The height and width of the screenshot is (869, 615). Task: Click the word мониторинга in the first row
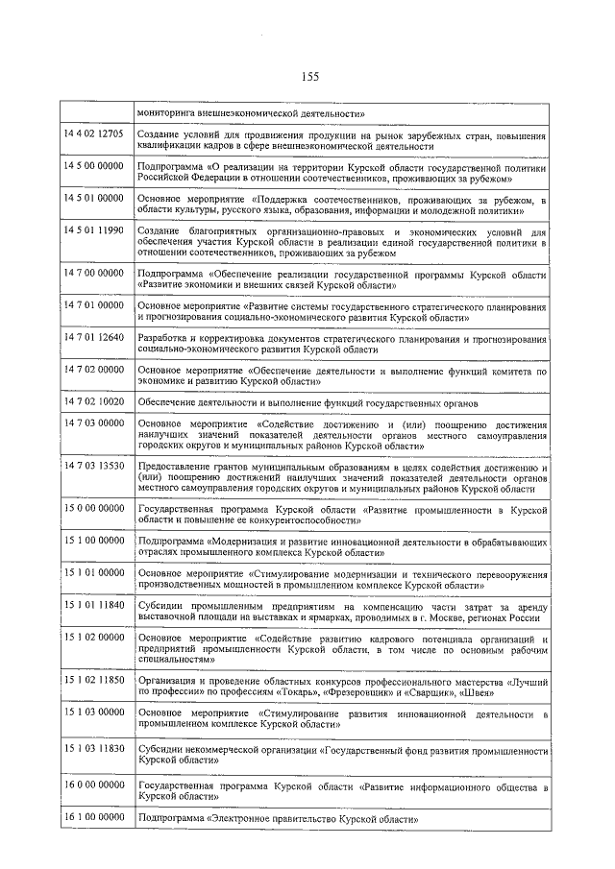click(168, 111)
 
